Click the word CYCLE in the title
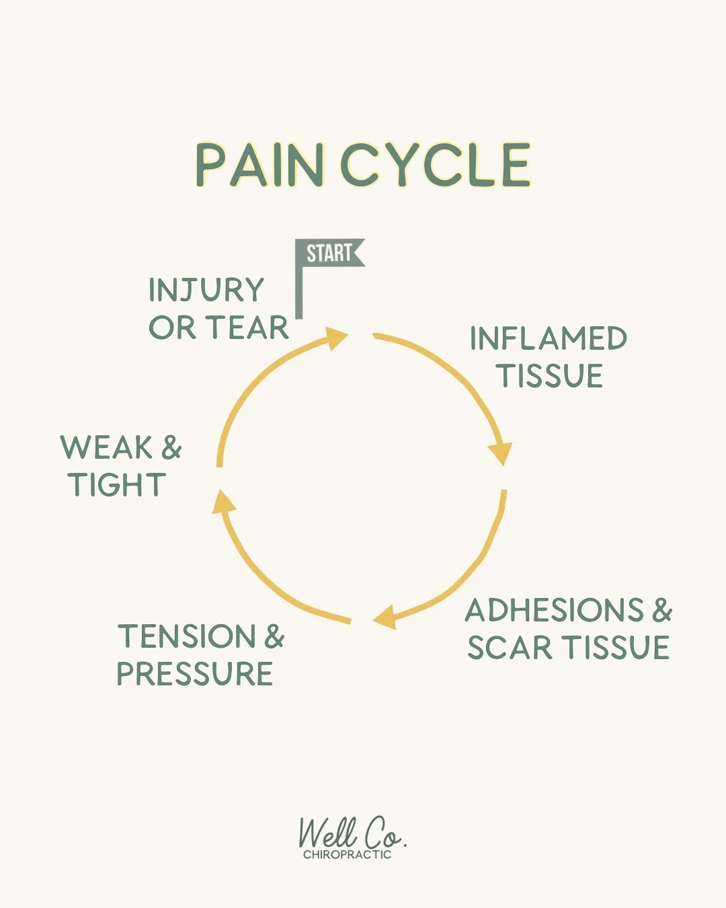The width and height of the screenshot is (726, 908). pyautogui.click(x=436, y=165)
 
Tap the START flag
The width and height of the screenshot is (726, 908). pyautogui.click(x=331, y=254)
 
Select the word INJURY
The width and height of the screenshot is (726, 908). pyautogui.click(x=206, y=291)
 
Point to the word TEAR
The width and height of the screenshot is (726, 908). pyautogui.click(x=247, y=328)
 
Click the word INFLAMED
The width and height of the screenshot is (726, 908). pyautogui.click(x=548, y=338)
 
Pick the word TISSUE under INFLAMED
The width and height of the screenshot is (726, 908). pyautogui.click(x=550, y=375)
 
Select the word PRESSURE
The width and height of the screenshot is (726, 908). pyautogui.click(x=195, y=674)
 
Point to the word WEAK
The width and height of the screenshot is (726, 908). pyautogui.click(x=106, y=448)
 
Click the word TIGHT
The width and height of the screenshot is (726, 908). pyautogui.click(x=117, y=485)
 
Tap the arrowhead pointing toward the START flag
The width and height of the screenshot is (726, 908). pyautogui.click(x=335, y=337)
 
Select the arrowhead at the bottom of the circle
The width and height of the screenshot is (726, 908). pyautogui.click(x=385, y=617)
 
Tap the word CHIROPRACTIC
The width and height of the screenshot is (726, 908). pyautogui.click(x=347, y=855)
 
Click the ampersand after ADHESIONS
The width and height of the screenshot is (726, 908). pyautogui.click(x=661, y=611)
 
